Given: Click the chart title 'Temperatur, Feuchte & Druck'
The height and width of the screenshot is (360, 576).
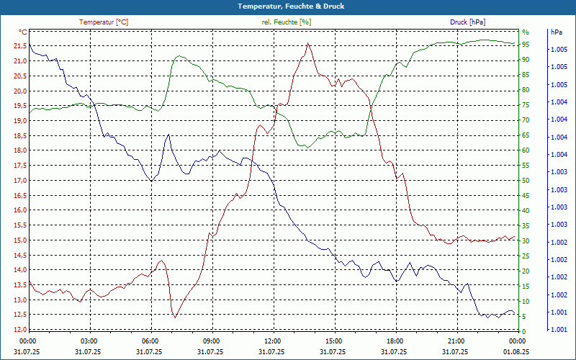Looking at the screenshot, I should tap(288, 6).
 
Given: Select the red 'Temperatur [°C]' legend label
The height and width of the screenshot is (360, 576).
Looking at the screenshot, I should tap(104, 22).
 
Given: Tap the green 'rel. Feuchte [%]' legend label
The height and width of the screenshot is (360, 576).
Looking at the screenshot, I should tap(287, 22).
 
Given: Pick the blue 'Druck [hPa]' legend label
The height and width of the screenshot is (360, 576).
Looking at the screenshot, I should tap(468, 22).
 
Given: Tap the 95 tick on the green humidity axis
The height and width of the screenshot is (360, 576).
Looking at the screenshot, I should tap(526, 46).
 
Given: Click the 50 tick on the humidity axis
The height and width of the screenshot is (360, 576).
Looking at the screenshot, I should tap(526, 181).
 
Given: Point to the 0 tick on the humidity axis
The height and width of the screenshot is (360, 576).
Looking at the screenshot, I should tap(524, 330).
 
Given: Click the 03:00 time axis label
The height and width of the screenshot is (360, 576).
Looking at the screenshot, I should tap(89, 341).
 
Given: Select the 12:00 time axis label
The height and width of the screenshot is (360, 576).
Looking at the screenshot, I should tap(273, 341).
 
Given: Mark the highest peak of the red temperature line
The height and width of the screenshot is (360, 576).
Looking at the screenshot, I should tap(307, 43).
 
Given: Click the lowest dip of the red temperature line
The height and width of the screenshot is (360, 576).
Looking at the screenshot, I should tap(174, 317).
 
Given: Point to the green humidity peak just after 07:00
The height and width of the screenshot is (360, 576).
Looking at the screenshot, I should tap(178, 55).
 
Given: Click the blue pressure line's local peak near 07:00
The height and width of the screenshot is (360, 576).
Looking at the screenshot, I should tap(168, 135).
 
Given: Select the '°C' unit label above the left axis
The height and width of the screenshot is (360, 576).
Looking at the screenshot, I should tap(23, 32).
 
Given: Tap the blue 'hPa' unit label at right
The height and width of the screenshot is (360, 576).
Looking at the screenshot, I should tap(556, 32).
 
